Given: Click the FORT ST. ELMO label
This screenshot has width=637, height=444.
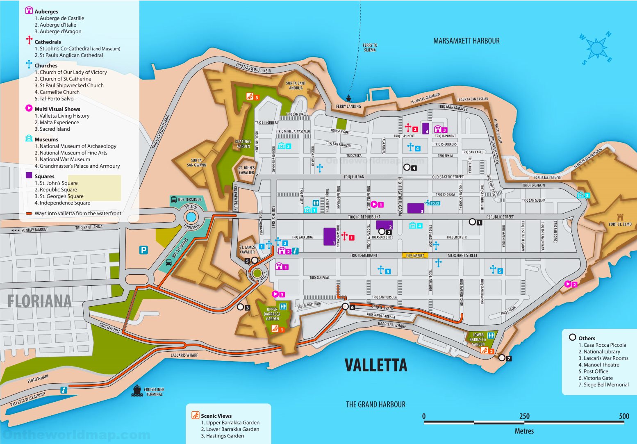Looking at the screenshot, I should point(620,224).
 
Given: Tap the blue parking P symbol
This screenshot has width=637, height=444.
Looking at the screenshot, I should point(143,250).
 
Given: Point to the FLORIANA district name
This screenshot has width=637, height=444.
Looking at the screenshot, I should point(40,301).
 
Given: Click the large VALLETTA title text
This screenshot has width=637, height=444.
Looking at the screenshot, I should point(375,365).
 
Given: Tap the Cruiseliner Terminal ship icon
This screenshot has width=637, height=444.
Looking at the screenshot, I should point(137,390).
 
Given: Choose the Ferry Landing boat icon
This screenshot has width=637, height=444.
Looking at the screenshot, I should point(348,98).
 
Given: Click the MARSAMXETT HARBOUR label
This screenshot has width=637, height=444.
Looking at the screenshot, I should point(466,41).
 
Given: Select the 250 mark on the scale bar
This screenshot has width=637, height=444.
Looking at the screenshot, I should point(524,416).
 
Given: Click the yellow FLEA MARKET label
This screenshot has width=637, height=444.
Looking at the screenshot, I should point(415,255).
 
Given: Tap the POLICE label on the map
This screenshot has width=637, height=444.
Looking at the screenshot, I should point(435,203).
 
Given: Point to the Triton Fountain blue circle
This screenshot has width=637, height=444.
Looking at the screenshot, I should point(191,217).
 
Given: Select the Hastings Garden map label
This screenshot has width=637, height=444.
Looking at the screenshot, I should point(243,144).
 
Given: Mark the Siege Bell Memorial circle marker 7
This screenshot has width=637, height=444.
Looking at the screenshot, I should point(502,358).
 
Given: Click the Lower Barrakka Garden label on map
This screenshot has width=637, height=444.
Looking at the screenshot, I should point(478,339).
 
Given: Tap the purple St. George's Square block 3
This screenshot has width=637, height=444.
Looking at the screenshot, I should point(415,208).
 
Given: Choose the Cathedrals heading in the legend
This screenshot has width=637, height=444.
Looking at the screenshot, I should point(48,42).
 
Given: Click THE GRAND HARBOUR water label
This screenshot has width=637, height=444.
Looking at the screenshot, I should point(375,405).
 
